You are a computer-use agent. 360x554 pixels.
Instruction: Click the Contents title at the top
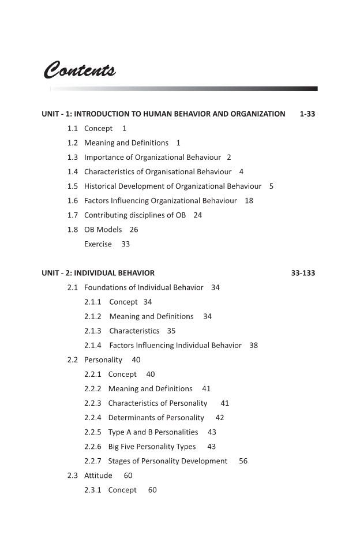[x=80, y=70]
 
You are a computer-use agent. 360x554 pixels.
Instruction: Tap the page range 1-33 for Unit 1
[x=307, y=114]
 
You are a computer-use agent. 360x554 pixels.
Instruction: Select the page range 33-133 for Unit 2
[x=303, y=273]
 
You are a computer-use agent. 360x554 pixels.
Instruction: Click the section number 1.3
[x=72, y=157]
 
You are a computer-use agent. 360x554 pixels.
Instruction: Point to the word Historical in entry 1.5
[x=103, y=186]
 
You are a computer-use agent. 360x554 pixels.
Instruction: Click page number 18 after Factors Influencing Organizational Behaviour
[x=249, y=200]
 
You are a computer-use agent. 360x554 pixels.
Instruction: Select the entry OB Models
[x=103, y=229]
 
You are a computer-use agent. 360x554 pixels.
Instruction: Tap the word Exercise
[x=98, y=244]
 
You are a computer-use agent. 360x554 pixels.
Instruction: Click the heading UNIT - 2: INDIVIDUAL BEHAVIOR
[x=98, y=273]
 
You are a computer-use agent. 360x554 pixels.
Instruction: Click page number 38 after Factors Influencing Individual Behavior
[x=254, y=345]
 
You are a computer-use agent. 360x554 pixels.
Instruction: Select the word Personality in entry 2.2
[x=103, y=360]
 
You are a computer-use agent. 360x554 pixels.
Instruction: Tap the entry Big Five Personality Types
[x=152, y=446]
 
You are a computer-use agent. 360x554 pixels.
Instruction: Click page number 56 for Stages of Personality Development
[x=243, y=461]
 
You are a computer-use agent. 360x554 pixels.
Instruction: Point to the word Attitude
[x=98, y=475]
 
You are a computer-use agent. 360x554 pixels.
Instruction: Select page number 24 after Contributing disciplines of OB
[x=198, y=215]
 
